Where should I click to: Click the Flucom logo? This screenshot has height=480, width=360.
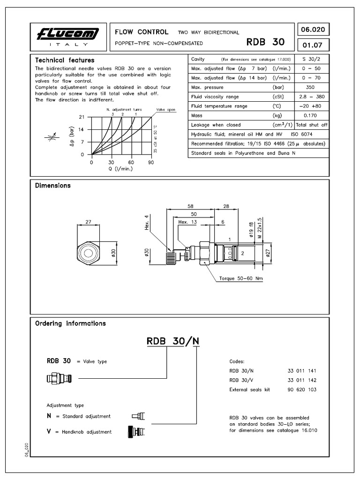click(69, 34)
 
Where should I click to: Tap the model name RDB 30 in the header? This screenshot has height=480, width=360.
click(265, 42)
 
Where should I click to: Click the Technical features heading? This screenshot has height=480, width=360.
click(65, 60)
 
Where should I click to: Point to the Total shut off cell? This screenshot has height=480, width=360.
click(311, 125)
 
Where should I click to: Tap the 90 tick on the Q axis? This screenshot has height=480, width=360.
click(151, 162)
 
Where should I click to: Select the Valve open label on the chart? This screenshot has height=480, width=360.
click(165, 109)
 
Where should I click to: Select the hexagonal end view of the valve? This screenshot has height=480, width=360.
click(88, 254)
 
